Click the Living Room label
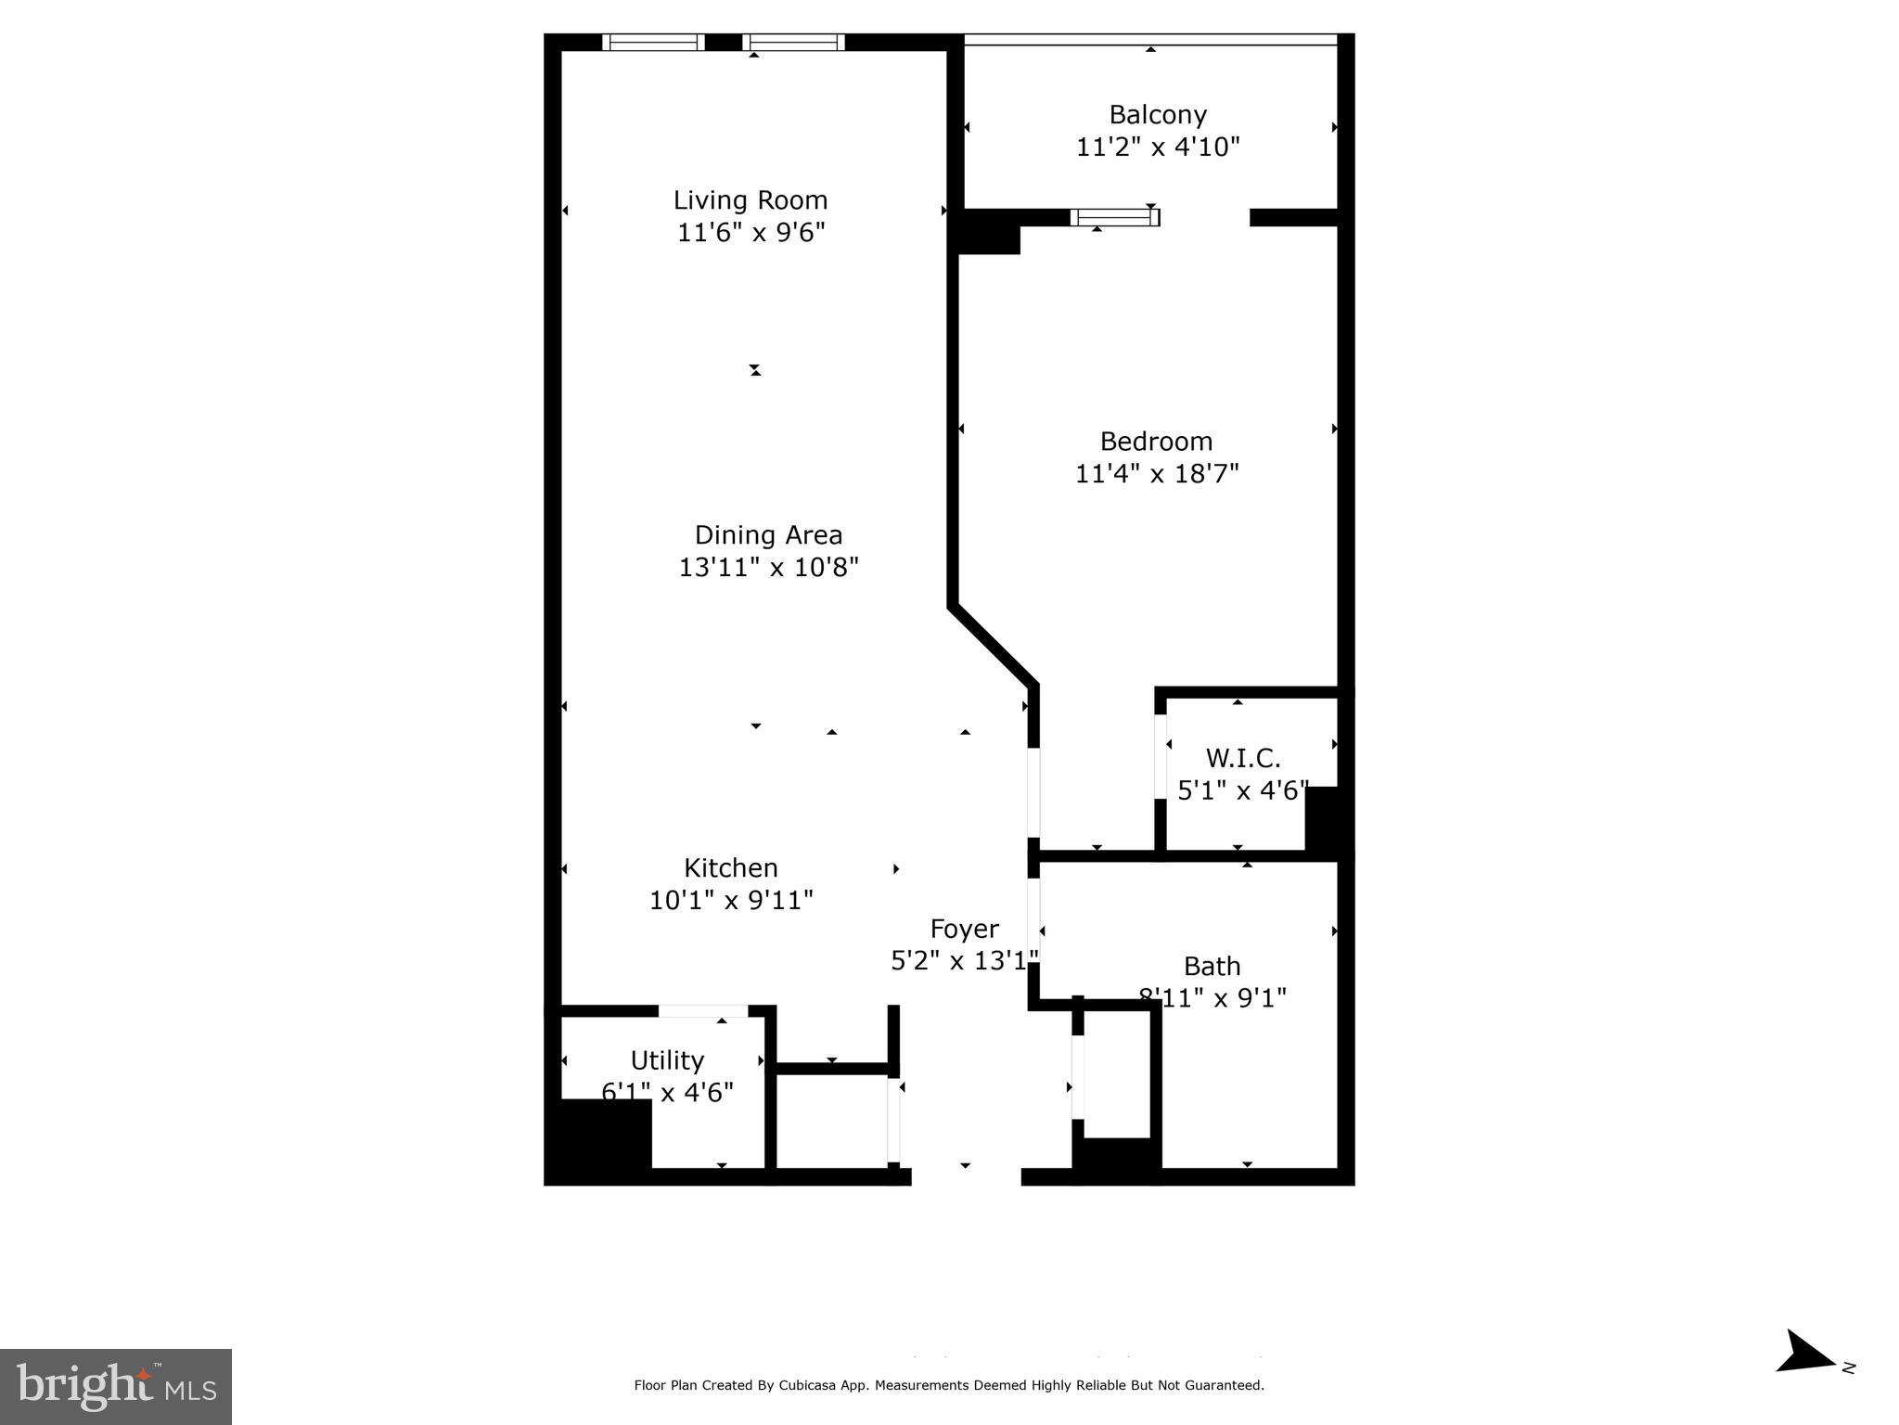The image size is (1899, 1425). [x=750, y=200]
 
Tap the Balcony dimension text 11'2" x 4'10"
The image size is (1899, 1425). [x=1157, y=148]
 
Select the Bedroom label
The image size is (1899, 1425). [x=1156, y=441]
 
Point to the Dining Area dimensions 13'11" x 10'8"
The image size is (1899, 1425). [x=768, y=567]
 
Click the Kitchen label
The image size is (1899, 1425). [x=730, y=867]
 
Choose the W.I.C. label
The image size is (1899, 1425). [x=1242, y=758]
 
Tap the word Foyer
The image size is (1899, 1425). [x=964, y=929]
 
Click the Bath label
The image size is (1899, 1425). [x=1212, y=966]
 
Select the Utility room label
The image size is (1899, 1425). [x=667, y=1059]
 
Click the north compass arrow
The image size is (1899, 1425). [x=1804, y=1379]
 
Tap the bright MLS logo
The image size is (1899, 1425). [x=116, y=1386]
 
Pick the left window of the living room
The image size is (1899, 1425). [x=653, y=42]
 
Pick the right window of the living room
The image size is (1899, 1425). [x=793, y=42]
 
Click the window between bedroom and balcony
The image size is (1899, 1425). [x=1114, y=217]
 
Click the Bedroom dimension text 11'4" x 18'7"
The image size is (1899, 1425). [x=1156, y=474]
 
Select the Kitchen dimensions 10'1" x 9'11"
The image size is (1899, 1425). [x=730, y=900]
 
